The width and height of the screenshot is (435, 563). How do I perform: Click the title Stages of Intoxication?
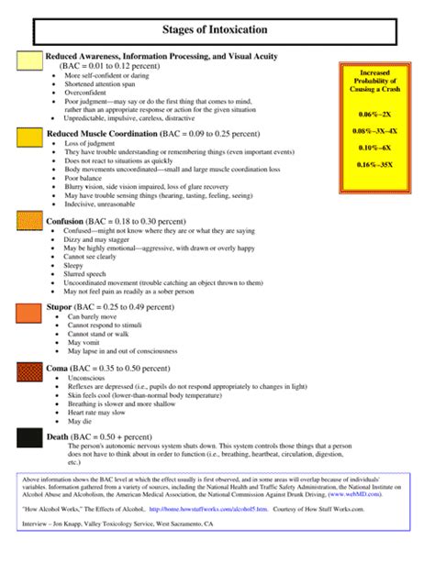point(217,30)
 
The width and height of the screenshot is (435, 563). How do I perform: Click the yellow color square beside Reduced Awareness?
point(30,61)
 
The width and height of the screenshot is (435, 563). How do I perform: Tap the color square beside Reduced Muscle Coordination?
point(30,138)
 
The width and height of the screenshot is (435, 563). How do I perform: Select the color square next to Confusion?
point(30,226)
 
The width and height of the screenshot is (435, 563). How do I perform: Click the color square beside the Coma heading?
point(30,371)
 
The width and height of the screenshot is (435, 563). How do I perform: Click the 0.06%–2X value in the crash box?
point(374,114)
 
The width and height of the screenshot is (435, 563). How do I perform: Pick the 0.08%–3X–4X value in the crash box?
point(374,132)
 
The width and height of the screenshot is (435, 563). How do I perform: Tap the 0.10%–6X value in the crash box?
point(374,147)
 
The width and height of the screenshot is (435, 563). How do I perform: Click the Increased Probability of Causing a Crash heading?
point(374,83)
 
